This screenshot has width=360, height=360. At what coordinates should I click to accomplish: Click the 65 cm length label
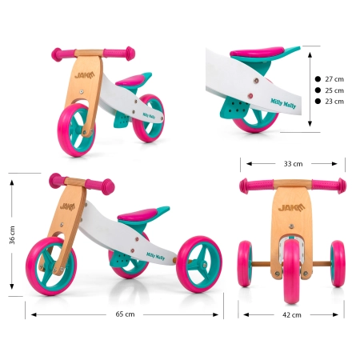tap(125, 314)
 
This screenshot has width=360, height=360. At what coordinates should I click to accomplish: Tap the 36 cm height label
tap(12, 235)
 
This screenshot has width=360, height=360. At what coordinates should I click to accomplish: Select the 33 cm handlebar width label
tap(293, 164)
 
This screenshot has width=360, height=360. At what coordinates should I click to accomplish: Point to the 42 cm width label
tap(292, 315)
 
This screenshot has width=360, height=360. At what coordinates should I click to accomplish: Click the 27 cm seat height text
tap(334, 79)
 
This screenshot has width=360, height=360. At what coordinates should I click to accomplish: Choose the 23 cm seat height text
tap(334, 102)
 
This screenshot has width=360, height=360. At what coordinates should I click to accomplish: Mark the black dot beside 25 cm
tap(318, 90)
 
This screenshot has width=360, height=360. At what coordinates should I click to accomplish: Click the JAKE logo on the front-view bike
tap(291, 207)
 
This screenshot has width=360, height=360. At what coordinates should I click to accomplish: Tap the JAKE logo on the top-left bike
tap(85, 75)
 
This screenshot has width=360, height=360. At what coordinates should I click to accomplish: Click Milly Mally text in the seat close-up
tap(283, 103)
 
